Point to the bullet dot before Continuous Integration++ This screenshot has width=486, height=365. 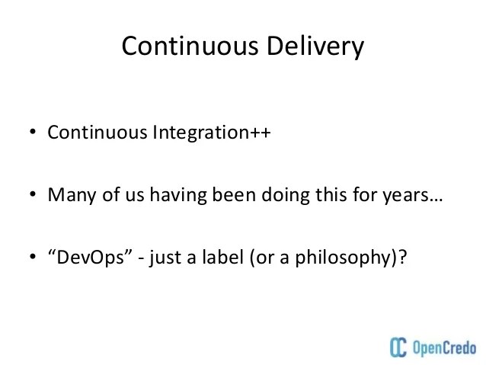[34, 133]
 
